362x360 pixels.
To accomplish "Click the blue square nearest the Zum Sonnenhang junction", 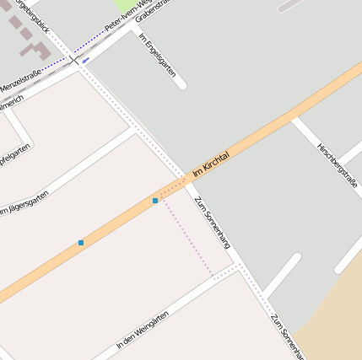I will pyautogui.click(x=155, y=201).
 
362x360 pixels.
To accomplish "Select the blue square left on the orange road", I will pyautogui.click(x=81, y=243).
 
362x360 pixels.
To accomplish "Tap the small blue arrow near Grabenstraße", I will pyautogui.click(x=86, y=60).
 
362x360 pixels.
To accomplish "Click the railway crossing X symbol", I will pyautogui.click(x=74, y=60).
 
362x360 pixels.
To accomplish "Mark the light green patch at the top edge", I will pyautogui.click(x=124, y=5).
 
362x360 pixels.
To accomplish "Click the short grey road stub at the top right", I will pyautogui.click(x=291, y=5).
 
